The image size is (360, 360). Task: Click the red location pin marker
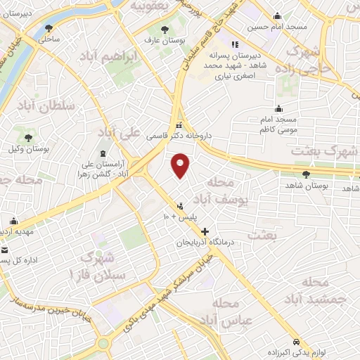tap(181, 165)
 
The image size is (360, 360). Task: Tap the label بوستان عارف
tap(165, 41)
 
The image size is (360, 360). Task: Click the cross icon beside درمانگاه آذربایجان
tap(205, 231)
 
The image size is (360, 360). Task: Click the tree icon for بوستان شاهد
tap(306, 174)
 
